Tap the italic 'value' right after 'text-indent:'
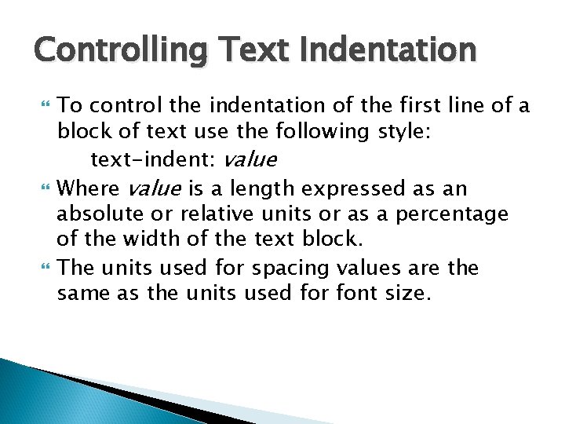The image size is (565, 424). (250, 159)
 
